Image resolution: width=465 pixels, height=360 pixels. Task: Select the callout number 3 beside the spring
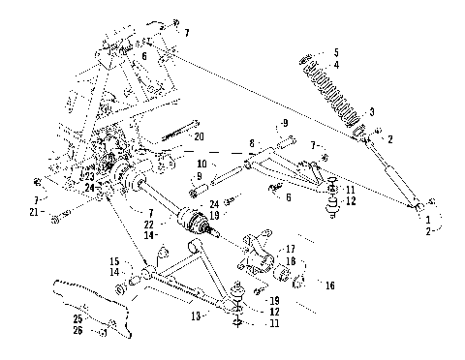(372, 113)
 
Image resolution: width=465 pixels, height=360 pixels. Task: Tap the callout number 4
(337, 66)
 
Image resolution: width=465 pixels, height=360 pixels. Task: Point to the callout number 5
(337, 52)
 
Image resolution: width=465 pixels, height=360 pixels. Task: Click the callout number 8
(251, 142)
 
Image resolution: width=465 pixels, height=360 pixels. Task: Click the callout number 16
(330, 286)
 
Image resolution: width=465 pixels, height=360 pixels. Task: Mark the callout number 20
(200, 136)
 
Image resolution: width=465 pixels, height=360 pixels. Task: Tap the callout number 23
(87, 176)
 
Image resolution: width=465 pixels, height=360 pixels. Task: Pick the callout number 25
(77, 317)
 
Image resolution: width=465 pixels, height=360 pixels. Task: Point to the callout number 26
(77, 330)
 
